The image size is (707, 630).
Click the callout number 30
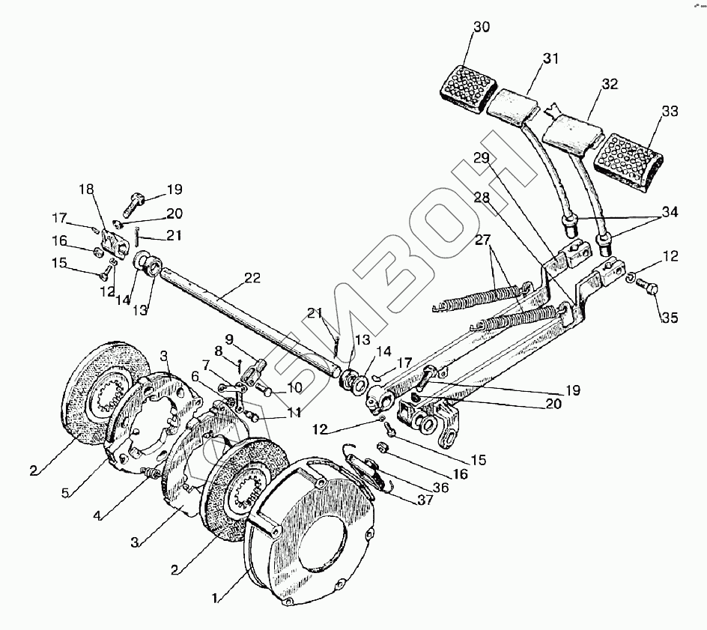(x=482, y=28)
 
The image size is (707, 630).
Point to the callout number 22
(x=252, y=279)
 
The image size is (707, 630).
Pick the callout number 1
(x=216, y=599)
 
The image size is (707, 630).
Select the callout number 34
(x=669, y=213)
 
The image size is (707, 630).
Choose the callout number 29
(x=481, y=157)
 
